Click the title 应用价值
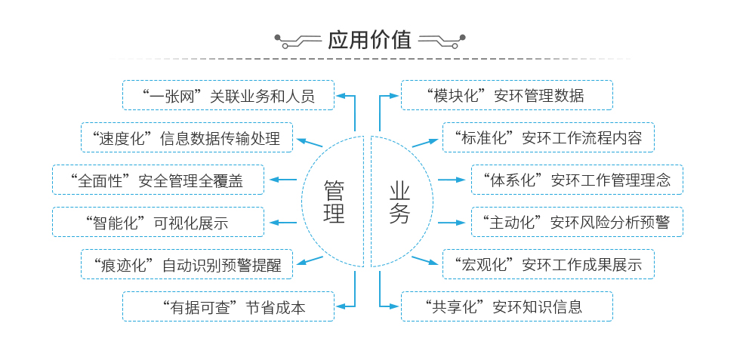[369, 39]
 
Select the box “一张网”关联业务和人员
[228, 96]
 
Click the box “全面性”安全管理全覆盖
[158, 180]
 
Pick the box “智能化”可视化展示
[158, 223]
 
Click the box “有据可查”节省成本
[228, 307]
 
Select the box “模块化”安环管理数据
[507, 96]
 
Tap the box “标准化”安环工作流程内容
[548, 138]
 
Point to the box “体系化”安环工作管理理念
[577, 180]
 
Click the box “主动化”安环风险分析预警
[577, 223]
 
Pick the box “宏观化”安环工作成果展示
[548, 265]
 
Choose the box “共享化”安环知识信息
[507, 307]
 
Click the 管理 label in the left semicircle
[334, 202]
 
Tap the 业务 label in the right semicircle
[400, 202]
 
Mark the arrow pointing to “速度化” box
[310, 142]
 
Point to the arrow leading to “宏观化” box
[425, 260]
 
